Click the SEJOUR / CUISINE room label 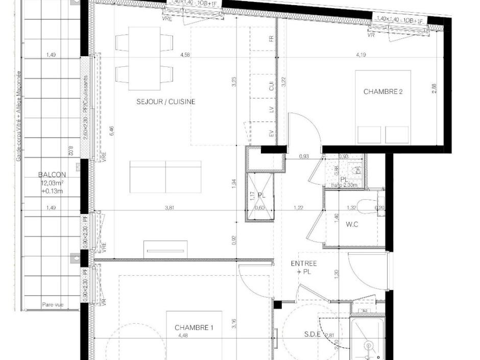165,102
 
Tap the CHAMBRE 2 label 383,92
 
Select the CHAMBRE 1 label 194,327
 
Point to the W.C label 352,224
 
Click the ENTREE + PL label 304,268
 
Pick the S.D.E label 313,334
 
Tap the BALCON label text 52,174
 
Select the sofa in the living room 165,177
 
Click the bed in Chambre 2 383,107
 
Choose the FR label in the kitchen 271,39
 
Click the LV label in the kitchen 271,110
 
